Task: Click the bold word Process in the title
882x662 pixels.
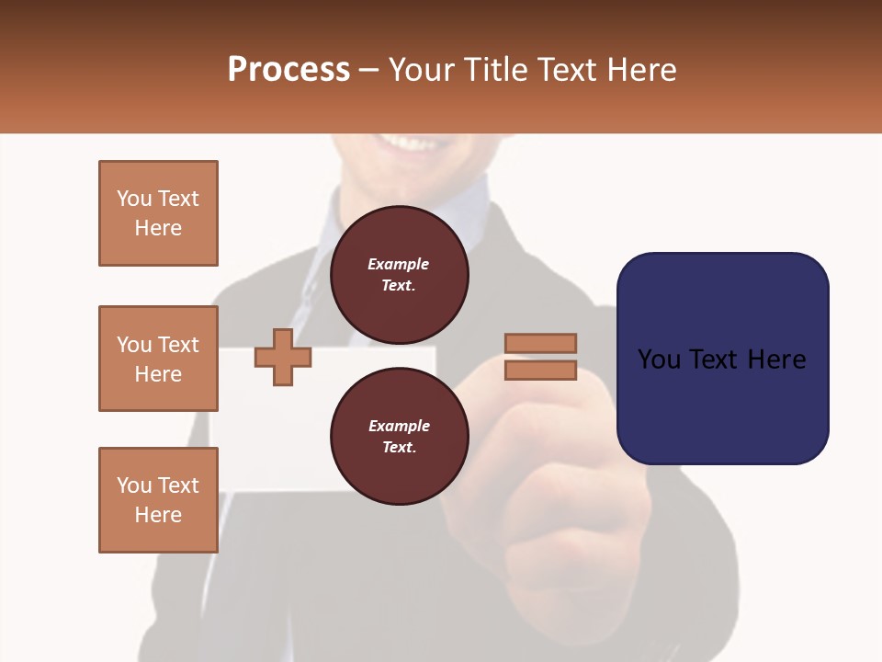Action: click(x=288, y=70)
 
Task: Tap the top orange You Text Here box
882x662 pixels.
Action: click(x=158, y=213)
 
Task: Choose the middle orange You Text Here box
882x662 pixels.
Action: click(x=158, y=359)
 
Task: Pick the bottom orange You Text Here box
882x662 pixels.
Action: click(x=158, y=500)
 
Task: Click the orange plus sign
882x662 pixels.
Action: click(x=283, y=357)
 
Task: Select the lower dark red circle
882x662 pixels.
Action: click(x=399, y=437)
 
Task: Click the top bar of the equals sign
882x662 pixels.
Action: click(x=540, y=343)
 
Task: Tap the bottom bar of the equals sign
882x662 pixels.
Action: click(x=540, y=371)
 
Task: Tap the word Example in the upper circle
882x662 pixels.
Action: click(x=399, y=264)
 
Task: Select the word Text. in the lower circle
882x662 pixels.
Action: click(x=399, y=448)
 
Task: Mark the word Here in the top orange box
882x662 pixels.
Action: click(x=158, y=228)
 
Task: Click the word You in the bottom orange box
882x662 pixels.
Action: click(x=133, y=485)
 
